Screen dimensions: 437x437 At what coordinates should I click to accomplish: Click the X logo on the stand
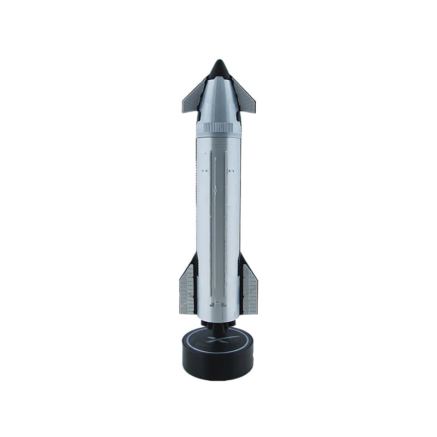point(218,340)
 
